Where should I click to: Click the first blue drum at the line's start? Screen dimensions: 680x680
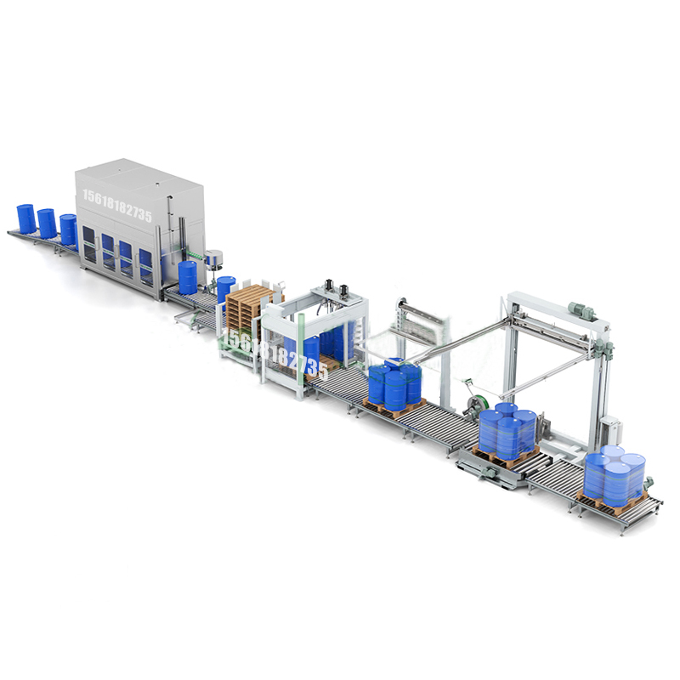pyautogui.click(x=26, y=218)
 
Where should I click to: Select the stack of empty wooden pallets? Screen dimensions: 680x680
pyautogui.click(x=249, y=307)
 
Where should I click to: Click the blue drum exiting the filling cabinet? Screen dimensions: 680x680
pyautogui.click(x=187, y=277)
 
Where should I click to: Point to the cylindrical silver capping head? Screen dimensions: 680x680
pyautogui.click(x=216, y=258)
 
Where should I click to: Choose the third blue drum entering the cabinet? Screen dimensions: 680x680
pyautogui.click(x=68, y=229)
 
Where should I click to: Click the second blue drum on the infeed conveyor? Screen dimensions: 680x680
pyautogui.click(x=47, y=224)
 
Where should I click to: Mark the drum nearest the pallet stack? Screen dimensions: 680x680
pyautogui.click(x=226, y=289)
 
